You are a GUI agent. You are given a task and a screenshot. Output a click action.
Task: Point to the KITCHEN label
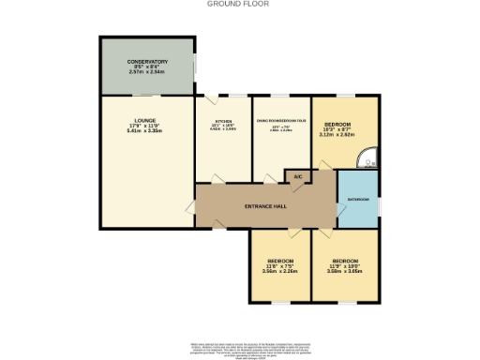point(223,122)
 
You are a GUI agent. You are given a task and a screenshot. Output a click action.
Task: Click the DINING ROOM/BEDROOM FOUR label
point(282,122)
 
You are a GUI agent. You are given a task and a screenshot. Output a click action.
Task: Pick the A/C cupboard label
point(298,176)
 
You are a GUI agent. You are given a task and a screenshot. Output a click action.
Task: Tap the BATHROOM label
point(358,200)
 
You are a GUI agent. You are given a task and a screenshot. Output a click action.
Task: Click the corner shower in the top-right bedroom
point(373,159)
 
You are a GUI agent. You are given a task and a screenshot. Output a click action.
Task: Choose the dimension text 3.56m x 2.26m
point(280,270)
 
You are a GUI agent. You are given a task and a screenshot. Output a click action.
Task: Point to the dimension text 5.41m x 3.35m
point(145,132)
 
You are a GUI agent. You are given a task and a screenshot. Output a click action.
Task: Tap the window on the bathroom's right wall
point(380,200)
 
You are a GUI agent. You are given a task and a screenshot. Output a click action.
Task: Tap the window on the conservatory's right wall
point(194,66)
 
